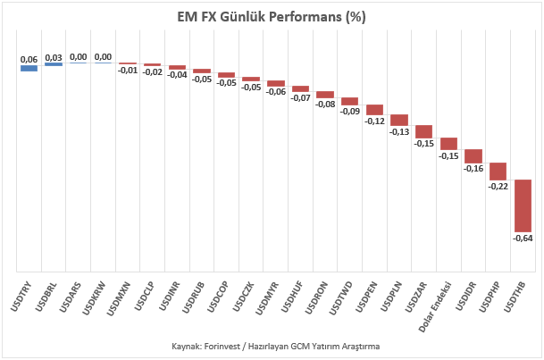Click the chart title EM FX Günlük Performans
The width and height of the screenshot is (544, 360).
click(272, 17)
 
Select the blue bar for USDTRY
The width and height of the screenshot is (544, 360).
click(29, 68)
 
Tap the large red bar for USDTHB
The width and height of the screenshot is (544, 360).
click(523, 205)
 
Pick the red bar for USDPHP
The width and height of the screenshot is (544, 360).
click(498, 172)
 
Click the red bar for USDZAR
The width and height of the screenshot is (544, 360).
click(424, 132)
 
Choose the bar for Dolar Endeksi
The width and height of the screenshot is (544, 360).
click(449, 144)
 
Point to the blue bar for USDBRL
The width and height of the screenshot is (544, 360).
click(54, 64)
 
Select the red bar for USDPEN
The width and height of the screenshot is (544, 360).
click(374, 110)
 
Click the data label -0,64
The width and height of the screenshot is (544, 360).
click(523, 239)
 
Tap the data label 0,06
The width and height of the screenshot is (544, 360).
click(29, 60)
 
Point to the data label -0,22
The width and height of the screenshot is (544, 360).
click(498, 186)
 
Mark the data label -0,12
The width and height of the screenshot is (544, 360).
click(374, 121)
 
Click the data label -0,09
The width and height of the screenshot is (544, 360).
click(350, 112)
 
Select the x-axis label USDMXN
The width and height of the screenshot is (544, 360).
click(119, 298)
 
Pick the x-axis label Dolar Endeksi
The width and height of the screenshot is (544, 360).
click(435, 307)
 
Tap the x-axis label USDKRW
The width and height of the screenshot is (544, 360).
click(94, 298)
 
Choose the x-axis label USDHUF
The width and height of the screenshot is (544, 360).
click(292, 297)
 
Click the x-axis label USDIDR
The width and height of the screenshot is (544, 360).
click(466, 296)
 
